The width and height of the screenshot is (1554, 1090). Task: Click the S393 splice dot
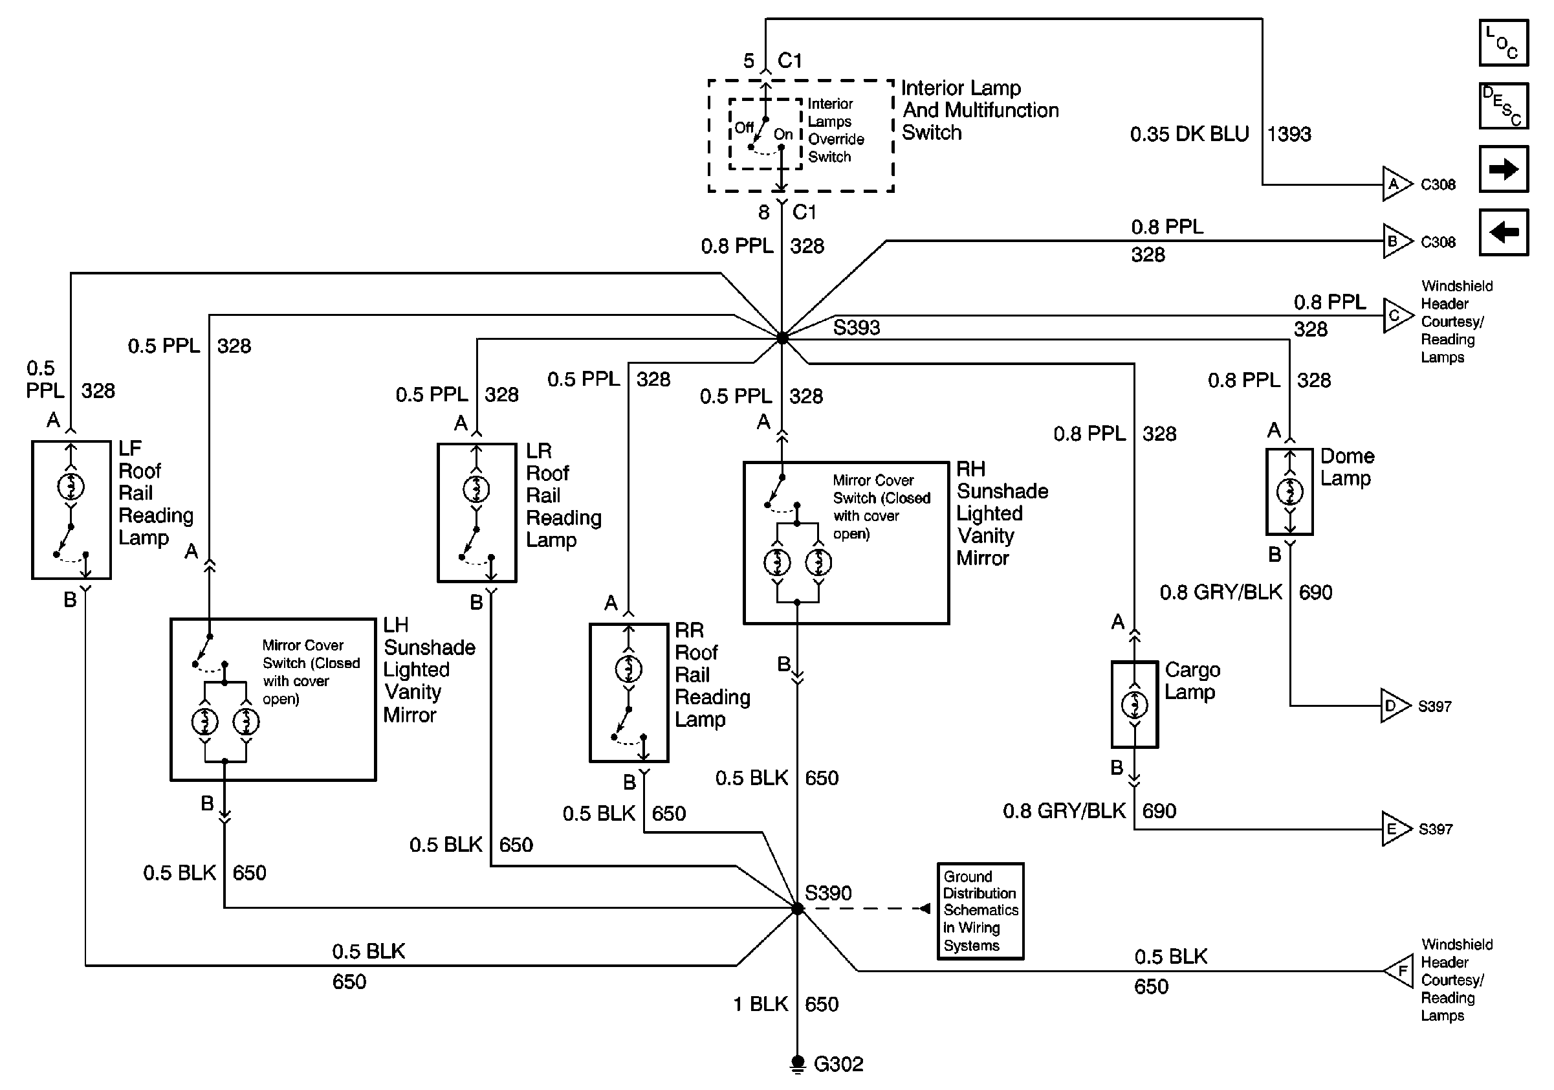point(782,337)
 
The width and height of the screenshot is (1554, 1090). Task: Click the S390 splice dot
point(797,909)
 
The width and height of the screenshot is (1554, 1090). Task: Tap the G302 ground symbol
point(797,1063)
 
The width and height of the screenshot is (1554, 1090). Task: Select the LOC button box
point(1504,43)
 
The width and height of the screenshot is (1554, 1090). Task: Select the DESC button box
point(1504,106)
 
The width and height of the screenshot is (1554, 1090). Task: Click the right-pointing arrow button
point(1504,169)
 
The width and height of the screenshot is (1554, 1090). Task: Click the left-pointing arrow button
point(1504,232)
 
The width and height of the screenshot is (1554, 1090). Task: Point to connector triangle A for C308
point(1395,184)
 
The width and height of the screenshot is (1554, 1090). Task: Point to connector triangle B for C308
point(1395,241)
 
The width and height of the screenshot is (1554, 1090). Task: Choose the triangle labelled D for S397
point(1394,706)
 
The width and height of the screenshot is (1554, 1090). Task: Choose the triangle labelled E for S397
point(1395,829)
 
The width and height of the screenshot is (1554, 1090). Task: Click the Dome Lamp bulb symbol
point(1289,491)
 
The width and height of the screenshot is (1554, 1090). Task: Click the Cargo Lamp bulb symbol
point(1135,706)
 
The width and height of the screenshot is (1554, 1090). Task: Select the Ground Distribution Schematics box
point(980,911)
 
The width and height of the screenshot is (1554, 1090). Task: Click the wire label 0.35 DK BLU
point(1189,134)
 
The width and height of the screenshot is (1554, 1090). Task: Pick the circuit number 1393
point(1289,134)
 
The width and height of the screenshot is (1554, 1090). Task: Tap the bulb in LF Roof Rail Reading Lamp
point(71,486)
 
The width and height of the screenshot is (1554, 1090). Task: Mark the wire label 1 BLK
point(760,1004)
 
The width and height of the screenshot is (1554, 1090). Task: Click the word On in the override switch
point(783,134)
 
